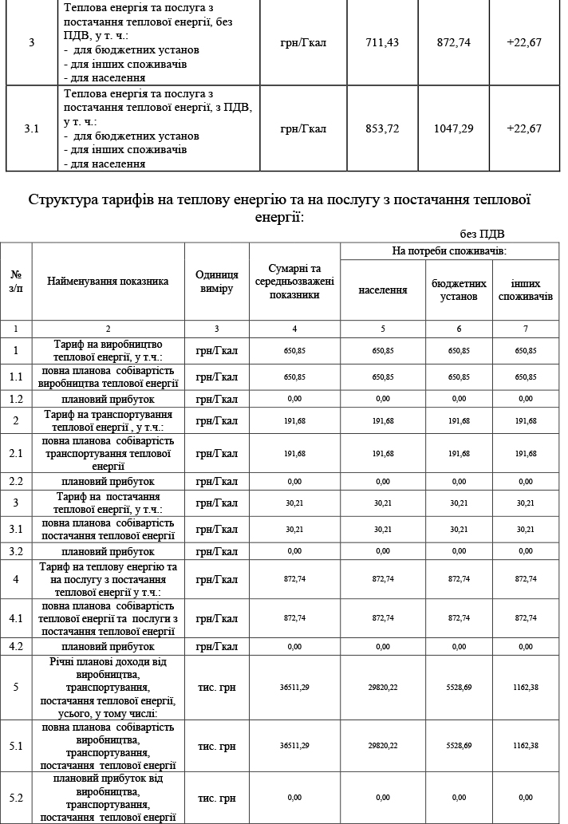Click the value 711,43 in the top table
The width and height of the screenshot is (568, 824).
click(x=381, y=42)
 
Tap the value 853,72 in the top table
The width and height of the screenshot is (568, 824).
click(x=381, y=128)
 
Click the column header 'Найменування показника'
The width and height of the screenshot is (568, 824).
click(x=108, y=282)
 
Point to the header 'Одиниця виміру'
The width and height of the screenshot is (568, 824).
click(x=217, y=282)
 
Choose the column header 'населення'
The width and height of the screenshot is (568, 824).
click(x=382, y=290)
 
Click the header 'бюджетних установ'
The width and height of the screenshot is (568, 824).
click(x=459, y=290)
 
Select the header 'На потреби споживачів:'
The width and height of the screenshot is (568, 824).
click(x=450, y=250)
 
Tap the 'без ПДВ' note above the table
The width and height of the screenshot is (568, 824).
click(x=482, y=234)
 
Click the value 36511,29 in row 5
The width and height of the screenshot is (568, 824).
click(x=294, y=687)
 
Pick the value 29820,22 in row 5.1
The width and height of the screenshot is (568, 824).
click(x=382, y=746)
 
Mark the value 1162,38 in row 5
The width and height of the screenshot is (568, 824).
click(x=525, y=687)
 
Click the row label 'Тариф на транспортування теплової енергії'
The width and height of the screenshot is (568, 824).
click(x=108, y=420)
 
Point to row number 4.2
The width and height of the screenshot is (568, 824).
click(x=16, y=646)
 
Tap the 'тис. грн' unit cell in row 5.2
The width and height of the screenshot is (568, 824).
click(x=217, y=798)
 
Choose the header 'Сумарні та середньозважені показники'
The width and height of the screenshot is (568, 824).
click(x=294, y=282)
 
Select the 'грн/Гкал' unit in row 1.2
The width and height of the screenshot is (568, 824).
click(x=217, y=398)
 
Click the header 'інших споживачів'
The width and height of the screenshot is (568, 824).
click(x=525, y=290)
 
